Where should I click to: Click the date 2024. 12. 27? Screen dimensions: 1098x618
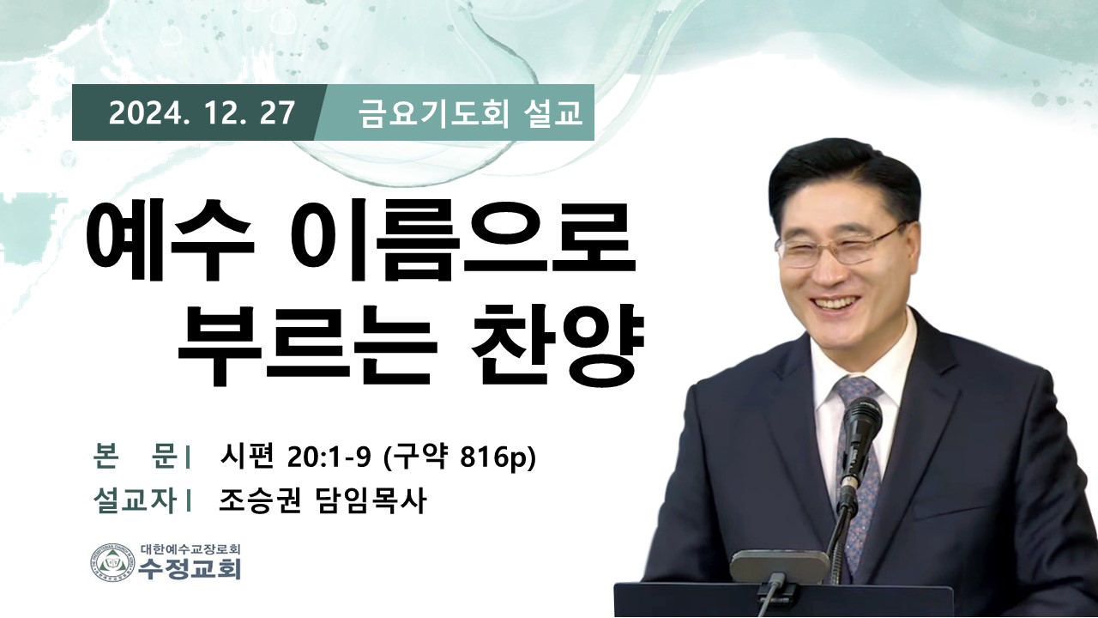tap(202, 112)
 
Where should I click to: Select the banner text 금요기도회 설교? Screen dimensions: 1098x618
tap(470, 113)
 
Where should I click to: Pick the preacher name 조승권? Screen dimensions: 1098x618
tap(259, 501)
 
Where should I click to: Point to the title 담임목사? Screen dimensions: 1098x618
tap(369, 501)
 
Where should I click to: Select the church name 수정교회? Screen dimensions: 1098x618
tap(190, 569)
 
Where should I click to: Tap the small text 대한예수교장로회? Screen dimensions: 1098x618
tap(190, 548)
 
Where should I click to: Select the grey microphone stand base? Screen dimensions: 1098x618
tap(779, 566)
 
